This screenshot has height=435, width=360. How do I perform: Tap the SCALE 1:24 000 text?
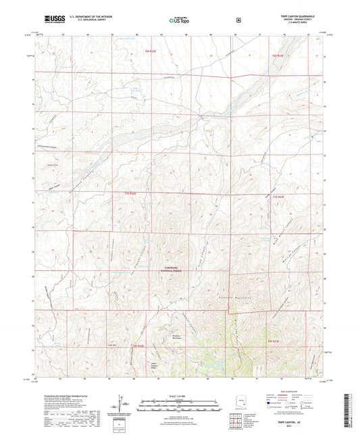[180, 395]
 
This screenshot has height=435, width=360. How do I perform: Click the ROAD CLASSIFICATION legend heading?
[284, 392]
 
